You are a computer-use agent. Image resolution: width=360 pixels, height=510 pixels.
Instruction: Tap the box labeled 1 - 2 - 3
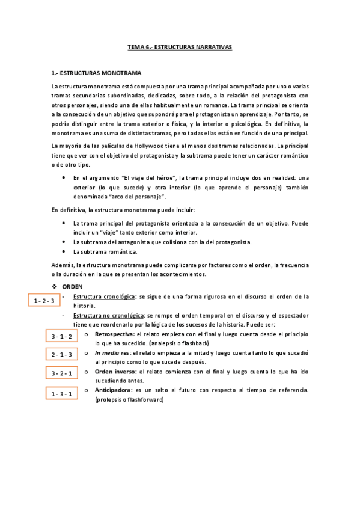pos(44,300)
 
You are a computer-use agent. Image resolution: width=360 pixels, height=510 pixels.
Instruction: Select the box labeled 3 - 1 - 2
pos(62,336)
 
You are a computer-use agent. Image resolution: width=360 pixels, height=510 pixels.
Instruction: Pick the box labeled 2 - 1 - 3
pos(62,354)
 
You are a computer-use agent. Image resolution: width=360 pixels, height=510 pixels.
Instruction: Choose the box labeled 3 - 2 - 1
pos(62,373)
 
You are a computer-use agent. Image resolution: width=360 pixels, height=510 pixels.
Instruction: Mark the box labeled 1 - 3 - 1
pos(62,394)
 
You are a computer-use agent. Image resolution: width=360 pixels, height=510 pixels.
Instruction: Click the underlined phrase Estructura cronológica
pos(104,296)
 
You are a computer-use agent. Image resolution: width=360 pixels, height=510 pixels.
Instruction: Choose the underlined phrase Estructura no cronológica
pos(108,315)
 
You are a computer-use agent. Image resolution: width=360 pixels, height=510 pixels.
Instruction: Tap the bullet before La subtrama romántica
pos(64,251)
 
